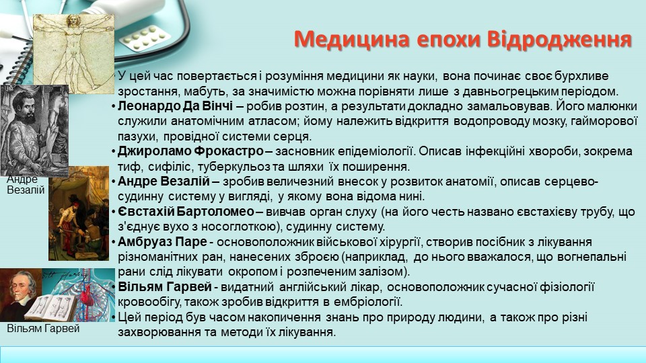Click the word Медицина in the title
(x=352, y=40)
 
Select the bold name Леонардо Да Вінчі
(x=175, y=106)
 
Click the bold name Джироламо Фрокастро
(x=190, y=151)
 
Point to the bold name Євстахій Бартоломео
(x=186, y=212)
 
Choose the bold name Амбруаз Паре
(x=162, y=241)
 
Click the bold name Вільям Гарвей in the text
(x=165, y=286)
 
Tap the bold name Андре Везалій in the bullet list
(x=164, y=181)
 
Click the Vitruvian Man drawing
(x=74, y=54)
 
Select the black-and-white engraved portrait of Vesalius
(x=34, y=130)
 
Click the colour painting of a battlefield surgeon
(x=79, y=214)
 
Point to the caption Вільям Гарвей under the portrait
(x=43, y=329)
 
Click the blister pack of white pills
(x=145, y=38)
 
